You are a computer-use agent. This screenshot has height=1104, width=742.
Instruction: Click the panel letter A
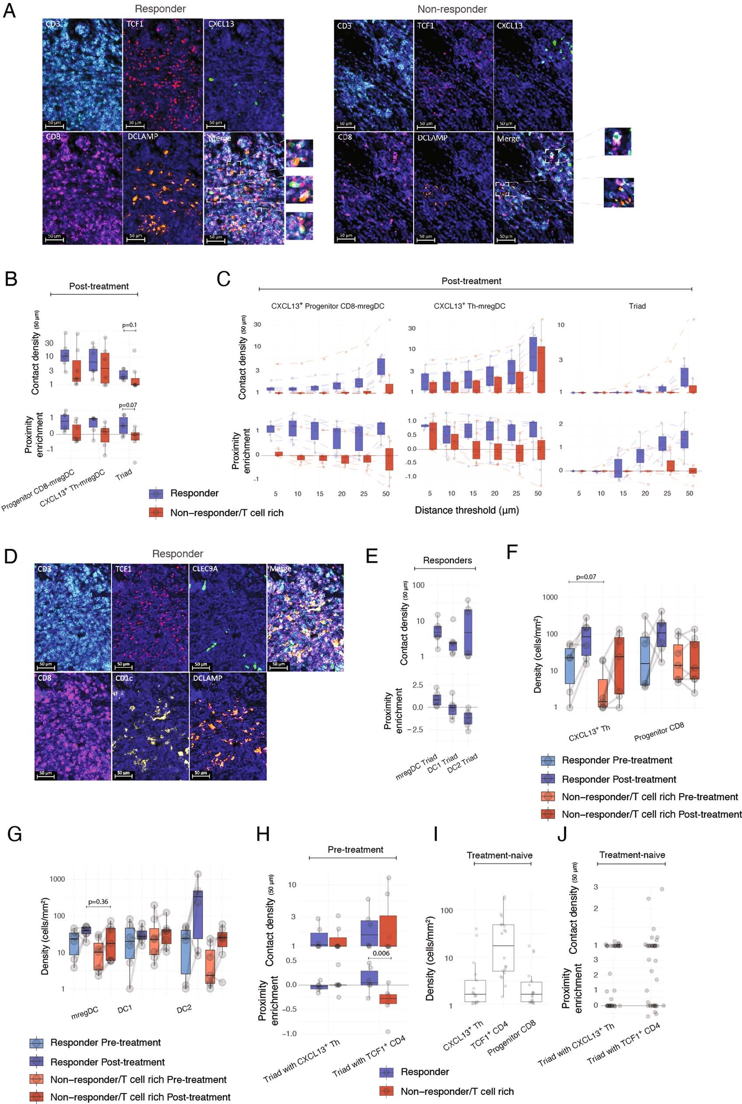pos(10,11)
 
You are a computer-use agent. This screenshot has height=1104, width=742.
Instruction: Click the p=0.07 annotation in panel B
pos(128,405)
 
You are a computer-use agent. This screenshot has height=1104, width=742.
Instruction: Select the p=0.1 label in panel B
pos(129,325)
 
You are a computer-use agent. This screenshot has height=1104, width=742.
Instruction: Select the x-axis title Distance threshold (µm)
pos(467,510)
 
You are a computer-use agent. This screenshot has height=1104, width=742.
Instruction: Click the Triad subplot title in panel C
pos(637,306)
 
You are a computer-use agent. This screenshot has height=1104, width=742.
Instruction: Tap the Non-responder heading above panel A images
pos(452,10)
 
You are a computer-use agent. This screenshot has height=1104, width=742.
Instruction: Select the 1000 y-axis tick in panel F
pos(550,597)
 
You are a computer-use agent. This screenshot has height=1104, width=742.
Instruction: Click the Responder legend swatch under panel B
pos(156,493)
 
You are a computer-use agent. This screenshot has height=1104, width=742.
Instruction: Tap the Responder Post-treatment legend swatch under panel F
pos(548,779)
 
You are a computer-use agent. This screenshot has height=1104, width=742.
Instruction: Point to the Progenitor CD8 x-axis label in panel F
pos(659,732)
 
